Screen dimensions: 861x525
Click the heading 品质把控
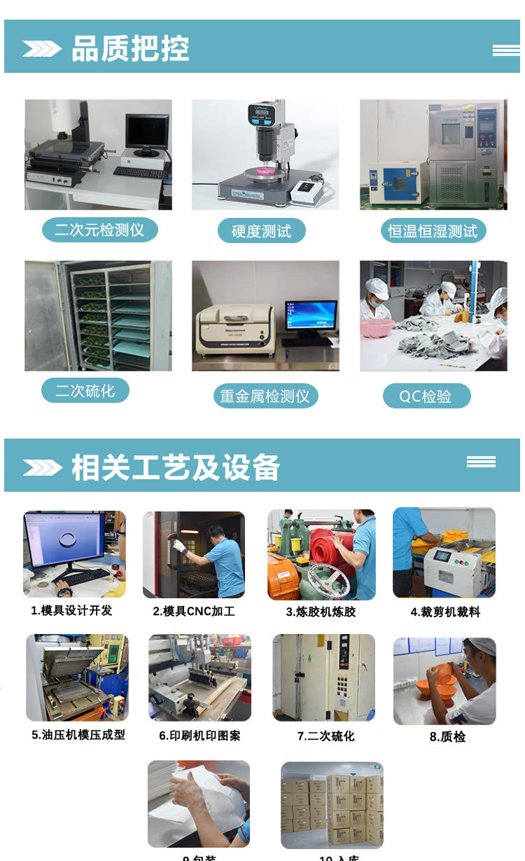tap(130, 49)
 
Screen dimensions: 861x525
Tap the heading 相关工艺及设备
tap(175, 467)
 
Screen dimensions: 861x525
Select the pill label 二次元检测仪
tap(99, 230)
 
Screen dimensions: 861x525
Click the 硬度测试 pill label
tap(261, 231)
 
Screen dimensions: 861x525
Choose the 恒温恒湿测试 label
tap(433, 231)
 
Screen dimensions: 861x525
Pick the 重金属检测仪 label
tap(265, 397)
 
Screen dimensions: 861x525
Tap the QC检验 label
tap(426, 397)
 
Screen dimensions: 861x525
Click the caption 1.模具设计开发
tap(71, 610)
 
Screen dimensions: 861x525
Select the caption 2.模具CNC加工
tap(194, 612)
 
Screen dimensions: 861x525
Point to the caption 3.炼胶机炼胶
tap(321, 612)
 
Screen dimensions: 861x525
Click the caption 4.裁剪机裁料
tap(445, 612)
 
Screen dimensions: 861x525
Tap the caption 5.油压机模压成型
tap(78, 735)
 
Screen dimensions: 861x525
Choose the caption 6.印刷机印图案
tap(199, 736)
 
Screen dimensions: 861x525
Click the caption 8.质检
tap(447, 736)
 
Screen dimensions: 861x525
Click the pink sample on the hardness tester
tap(264, 171)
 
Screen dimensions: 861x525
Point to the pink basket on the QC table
tap(377, 327)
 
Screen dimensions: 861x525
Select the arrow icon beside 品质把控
tap(42, 49)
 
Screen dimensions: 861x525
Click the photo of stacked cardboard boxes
tap(332, 806)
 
